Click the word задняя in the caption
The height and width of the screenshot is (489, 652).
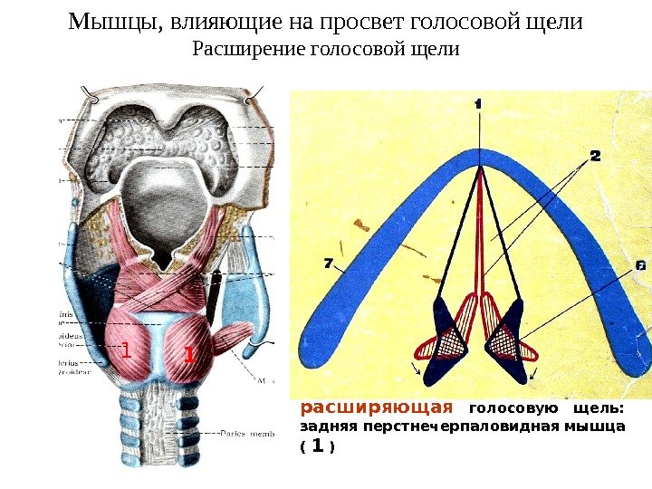point(324,427)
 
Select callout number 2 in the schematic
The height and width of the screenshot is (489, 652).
point(595,156)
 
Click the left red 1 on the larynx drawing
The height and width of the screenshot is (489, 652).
point(127,350)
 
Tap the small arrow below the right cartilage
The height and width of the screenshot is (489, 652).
point(535,371)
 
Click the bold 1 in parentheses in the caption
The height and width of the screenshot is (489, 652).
point(317,446)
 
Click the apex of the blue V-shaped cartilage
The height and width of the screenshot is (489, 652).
point(478,151)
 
